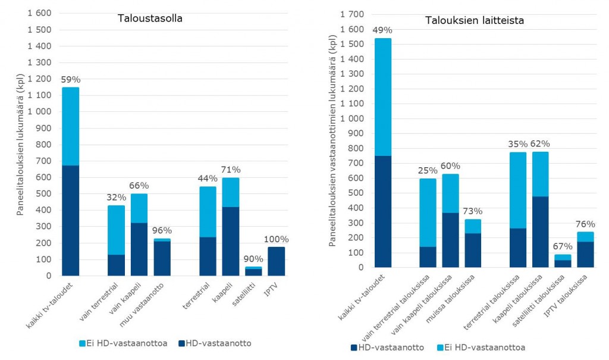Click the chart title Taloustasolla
(149, 18)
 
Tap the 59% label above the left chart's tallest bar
(70, 79)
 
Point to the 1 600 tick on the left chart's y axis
(40, 13)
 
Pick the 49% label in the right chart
(382, 30)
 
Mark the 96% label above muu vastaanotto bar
(162, 230)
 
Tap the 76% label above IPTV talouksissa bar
(585, 224)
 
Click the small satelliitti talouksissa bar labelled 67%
(563, 261)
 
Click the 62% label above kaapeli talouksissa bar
(540, 143)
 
